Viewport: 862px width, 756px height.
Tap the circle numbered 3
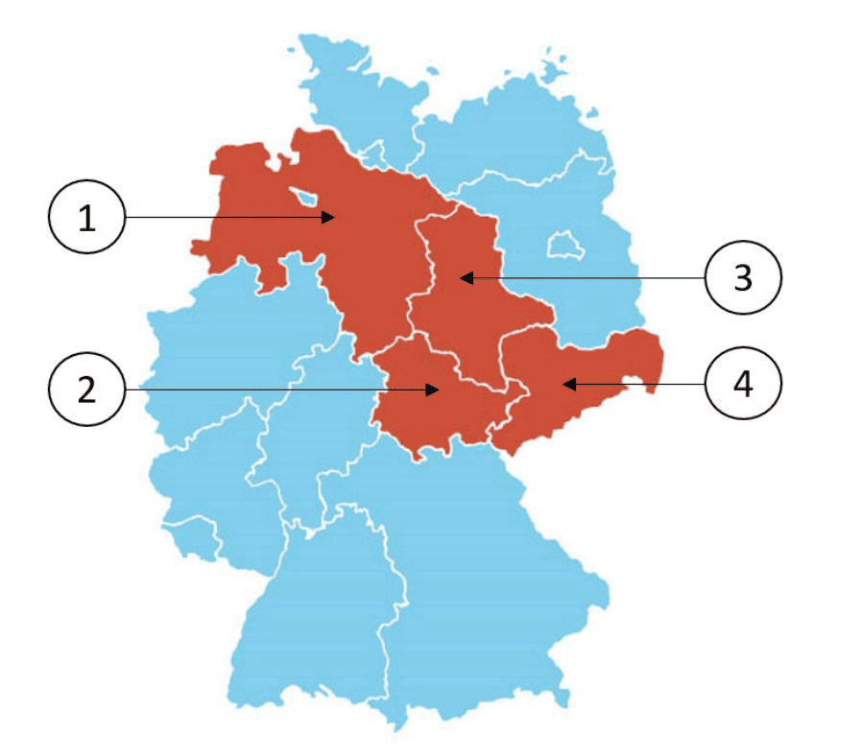(742, 278)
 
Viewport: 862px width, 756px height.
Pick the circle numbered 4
(742, 384)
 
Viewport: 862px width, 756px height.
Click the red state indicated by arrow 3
(470, 307)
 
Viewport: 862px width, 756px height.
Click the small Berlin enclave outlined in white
(562, 245)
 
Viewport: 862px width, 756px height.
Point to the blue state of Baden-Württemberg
(307, 614)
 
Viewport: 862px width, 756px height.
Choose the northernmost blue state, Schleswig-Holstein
(355, 96)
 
